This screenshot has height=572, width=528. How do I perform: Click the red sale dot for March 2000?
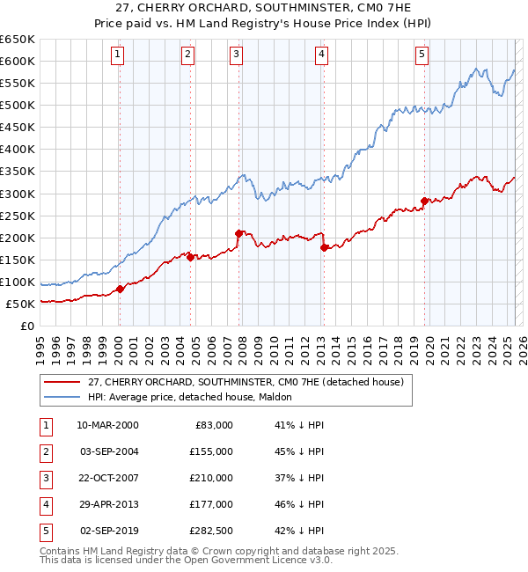point(121,289)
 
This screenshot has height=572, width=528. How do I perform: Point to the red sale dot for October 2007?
point(238,233)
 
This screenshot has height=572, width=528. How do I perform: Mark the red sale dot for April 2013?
point(324,247)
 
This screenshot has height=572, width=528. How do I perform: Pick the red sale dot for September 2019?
point(423,201)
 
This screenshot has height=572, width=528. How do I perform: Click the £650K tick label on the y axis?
point(18,40)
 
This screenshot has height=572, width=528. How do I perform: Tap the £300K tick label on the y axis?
point(18,194)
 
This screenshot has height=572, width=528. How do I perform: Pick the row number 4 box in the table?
point(44,504)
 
